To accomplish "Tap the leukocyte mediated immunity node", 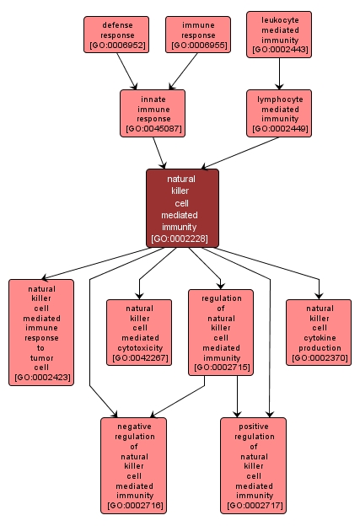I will (x=279, y=35).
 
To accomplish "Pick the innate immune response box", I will (x=153, y=113).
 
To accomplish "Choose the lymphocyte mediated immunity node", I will (x=279, y=113).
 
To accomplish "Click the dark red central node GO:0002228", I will (x=182, y=208).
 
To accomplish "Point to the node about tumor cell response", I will (x=41, y=332).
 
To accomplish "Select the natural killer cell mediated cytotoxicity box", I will (x=139, y=332).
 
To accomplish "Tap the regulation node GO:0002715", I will (x=222, y=332).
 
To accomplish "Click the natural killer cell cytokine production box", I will (x=319, y=332).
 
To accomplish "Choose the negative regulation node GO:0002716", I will (x=133, y=465).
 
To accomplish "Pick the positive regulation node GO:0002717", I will (x=254, y=465).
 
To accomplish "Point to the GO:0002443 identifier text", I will (x=279, y=50).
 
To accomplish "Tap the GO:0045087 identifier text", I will (x=153, y=129).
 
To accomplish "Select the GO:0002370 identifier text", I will (x=319, y=358).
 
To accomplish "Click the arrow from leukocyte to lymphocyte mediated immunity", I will (x=279, y=74).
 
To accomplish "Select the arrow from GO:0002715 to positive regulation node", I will (x=238, y=396).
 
